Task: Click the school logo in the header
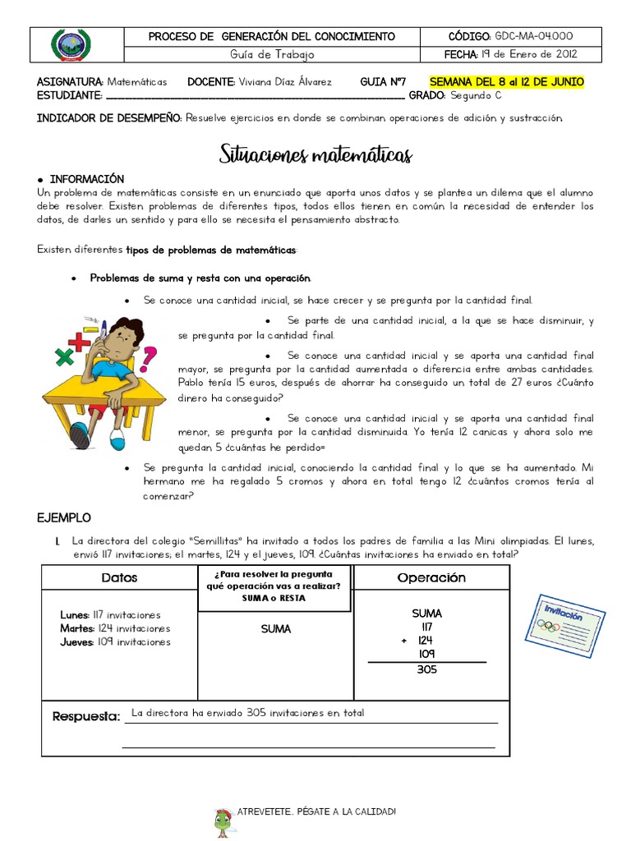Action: [71, 45]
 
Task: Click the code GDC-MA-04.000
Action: [533, 36]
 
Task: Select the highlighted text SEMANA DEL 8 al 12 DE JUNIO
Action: [507, 82]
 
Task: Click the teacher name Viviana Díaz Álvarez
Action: [284, 82]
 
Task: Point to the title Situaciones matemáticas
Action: [315, 154]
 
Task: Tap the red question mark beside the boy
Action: [150, 358]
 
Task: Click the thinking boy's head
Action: [124, 336]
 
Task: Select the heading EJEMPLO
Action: [64, 518]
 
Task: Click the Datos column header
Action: [119, 577]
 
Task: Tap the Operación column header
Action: [431, 577]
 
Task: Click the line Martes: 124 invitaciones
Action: [114, 628]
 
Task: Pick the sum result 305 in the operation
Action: [426, 669]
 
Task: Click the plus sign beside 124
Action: [404, 641]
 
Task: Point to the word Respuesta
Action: [86, 716]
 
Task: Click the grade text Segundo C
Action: [481, 95]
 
